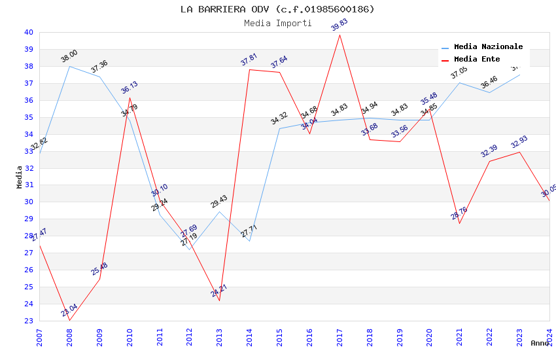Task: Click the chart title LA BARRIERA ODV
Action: tap(277, 9)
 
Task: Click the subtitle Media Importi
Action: tap(277, 23)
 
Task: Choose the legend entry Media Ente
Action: tap(477, 60)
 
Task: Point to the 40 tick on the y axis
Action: tap(28, 32)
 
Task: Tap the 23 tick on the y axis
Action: tap(28, 321)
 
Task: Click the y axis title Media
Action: tap(19, 177)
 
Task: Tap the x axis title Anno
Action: tap(540, 343)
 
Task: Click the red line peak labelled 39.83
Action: tap(339, 35)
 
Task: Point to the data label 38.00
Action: tap(69, 56)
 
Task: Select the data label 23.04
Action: tap(69, 310)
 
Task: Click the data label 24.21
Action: tap(218, 291)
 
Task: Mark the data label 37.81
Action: tap(249, 60)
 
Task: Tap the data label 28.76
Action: tap(459, 213)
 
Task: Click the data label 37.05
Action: tap(459, 73)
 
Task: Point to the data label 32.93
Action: tap(519, 142)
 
